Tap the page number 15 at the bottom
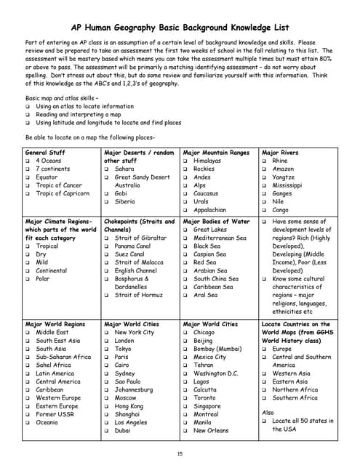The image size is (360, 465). coord(180,453)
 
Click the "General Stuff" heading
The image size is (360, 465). coord(45,153)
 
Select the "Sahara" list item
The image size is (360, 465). coord(124,169)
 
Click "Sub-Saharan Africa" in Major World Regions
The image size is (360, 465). coord(63,357)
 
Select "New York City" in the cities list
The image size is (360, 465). coord(135,332)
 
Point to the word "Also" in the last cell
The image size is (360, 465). coord(267,412)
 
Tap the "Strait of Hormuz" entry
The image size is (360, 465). coord(138,296)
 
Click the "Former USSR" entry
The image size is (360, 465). coord(56,414)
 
